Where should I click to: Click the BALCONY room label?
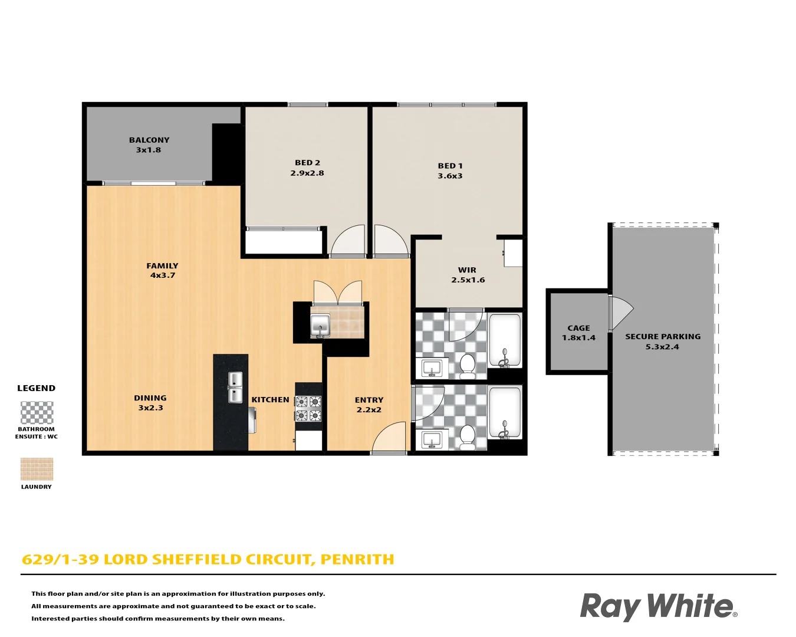tap(149, 140)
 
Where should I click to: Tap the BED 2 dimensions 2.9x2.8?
tap(307, 173)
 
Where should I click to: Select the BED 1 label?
tap(450, 166)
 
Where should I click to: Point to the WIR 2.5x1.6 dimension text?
tap(468, 280)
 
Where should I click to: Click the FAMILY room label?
tap(162, 266)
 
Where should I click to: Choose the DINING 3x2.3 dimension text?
tap(150, 408)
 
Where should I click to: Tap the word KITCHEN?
tap(271, 400)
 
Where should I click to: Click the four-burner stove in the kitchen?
tap(308, 409)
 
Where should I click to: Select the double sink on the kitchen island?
tap(235, 388)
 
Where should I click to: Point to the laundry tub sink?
tap(320, 326)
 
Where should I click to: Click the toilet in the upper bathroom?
tap(468, 366)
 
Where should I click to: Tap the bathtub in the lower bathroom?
tap(505, 413)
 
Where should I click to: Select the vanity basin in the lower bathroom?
tap(432, 440)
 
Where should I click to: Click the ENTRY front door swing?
tap(388, 437)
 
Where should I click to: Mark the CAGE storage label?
tap(579, 328)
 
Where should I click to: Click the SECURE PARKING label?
tap(663, 336)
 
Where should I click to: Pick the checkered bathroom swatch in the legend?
tap(37, 413)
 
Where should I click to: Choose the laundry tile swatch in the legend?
tap(37, 469)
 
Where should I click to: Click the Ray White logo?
tap(659, 607)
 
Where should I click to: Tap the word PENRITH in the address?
tap(357, 559)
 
